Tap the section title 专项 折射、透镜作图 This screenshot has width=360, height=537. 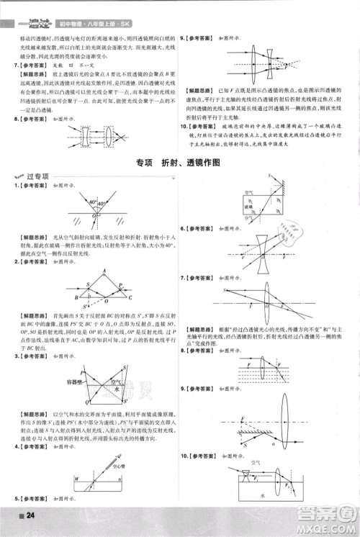pos(179,163)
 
